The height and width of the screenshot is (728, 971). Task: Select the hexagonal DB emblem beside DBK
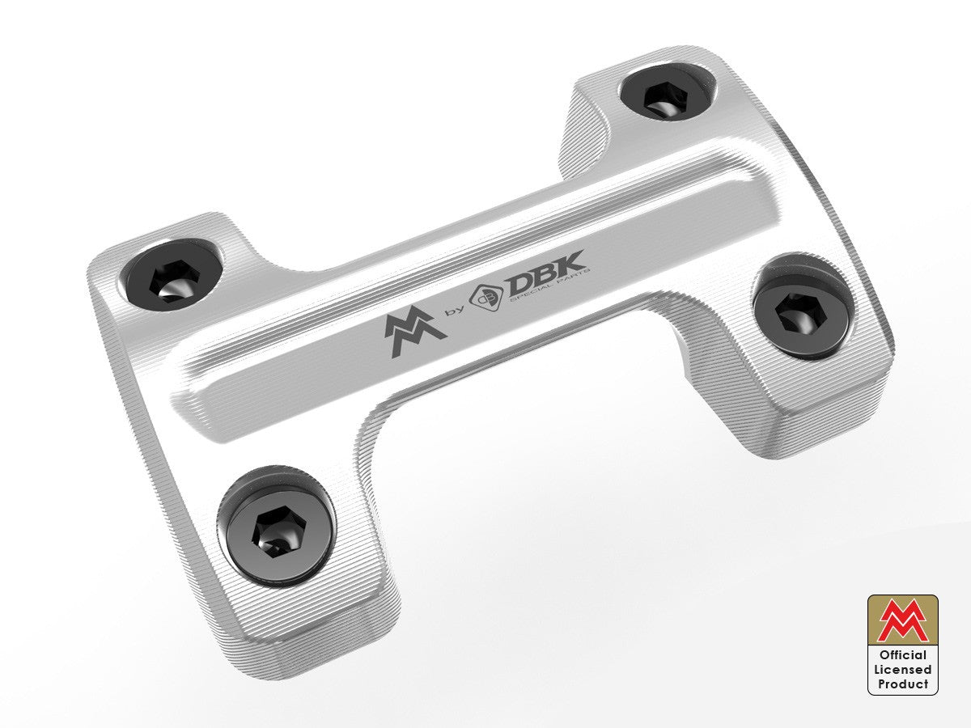coord(490,298)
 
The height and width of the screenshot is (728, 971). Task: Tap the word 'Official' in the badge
coord(903,655)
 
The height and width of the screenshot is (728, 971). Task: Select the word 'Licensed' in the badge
coord(903,670)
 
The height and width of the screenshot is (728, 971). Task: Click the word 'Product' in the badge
coord(903,684)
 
